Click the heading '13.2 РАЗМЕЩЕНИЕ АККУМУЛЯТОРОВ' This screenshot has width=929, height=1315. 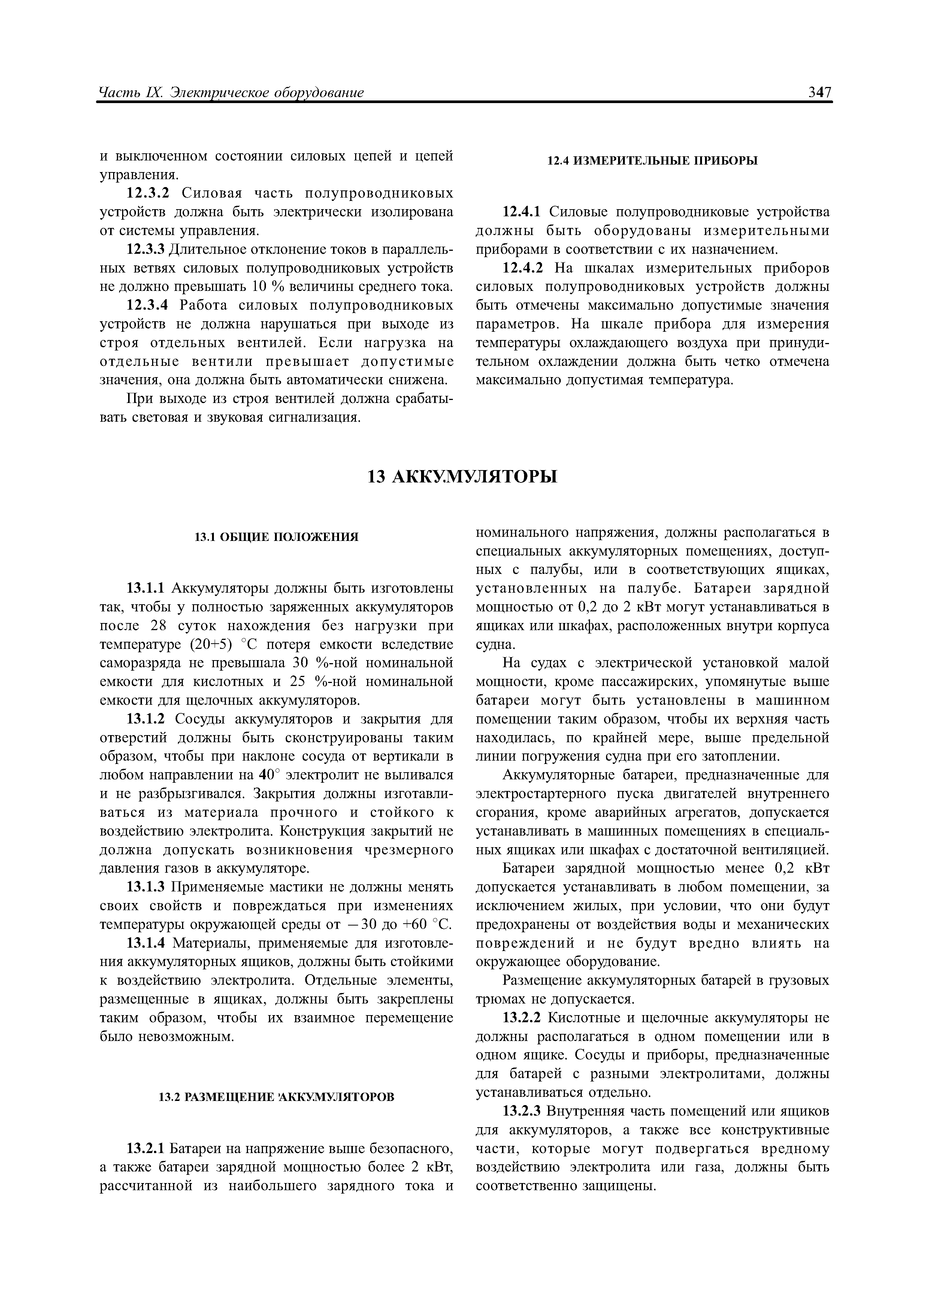[x=276, y=1096]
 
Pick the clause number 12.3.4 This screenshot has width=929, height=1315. [x=145, y=306]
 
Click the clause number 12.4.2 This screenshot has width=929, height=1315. [x=521, y=269]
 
